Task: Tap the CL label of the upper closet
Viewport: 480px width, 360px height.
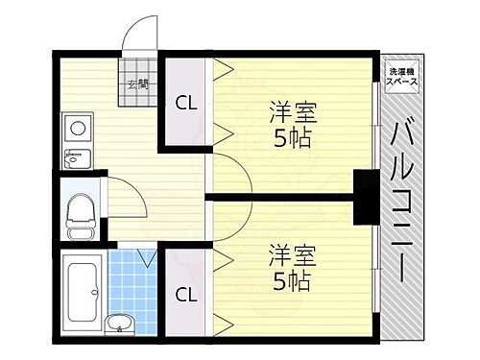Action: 185,104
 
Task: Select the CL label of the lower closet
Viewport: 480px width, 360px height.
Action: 185,295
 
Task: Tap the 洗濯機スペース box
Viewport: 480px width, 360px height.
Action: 400,78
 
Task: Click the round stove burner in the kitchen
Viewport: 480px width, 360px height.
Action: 75,126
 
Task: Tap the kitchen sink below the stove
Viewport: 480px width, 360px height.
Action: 75,158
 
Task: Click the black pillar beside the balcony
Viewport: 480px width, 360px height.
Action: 366,195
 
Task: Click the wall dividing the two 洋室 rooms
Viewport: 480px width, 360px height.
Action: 288,197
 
